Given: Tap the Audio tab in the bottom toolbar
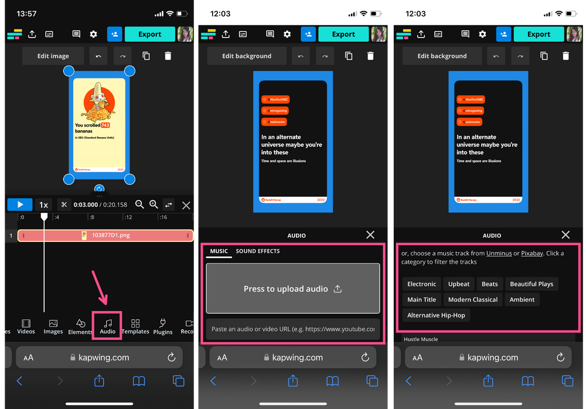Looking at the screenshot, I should pyautogui.click(x=107, y=325).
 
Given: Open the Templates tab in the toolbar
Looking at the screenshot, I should pyautogui.click(x=135, y=326).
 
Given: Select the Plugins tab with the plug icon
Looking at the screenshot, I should pyautogui.click(x=162, y=326).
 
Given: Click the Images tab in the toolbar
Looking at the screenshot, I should pyautogui.click(x=53, y=326).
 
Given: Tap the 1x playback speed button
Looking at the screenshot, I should pyautogui.click(x=43, y=205).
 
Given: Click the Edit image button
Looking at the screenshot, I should pyautogui.click(x=53, y=56).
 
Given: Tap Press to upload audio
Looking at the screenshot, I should pyautogui.click(x=292, y=288).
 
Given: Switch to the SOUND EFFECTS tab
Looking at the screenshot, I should pyautogui.click(x=257, y=251).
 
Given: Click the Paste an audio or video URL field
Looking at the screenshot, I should pyautogui.click(x=292, y=329).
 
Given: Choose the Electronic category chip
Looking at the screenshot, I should pyautogui.click(x=421, y=284).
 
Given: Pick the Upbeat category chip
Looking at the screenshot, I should pyautogui.click(x=459, y=284).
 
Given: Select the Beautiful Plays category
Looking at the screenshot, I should pyautogui.click(x=531, y=284).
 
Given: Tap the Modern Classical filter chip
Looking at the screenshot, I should pyautogui.click(x=472, y=299).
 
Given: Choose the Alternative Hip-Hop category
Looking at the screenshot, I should pyautogui.click(x=436, y=315).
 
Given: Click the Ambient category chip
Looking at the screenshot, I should pyautogui.click(x=522, y=299).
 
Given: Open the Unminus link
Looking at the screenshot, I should pyautogui.click(x=499, y=253).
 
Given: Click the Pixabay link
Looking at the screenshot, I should pyautogui.click(x=532, y=253).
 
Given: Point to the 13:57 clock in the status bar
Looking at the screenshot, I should pyautogui.click(x=26, y=13).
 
